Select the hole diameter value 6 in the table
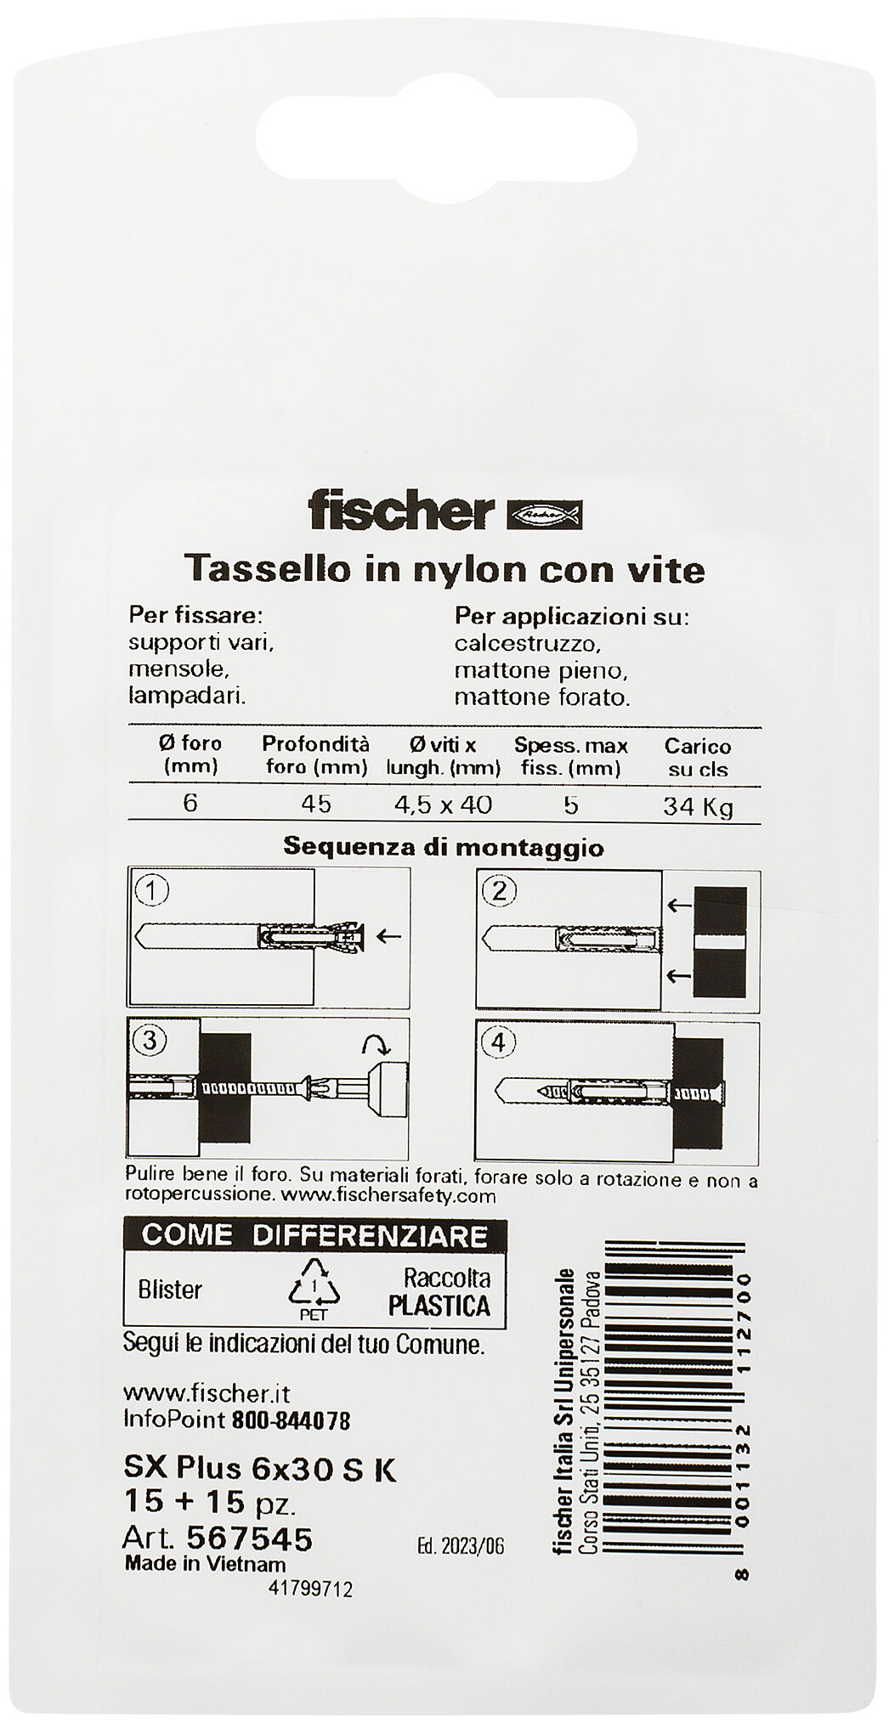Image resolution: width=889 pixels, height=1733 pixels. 190,803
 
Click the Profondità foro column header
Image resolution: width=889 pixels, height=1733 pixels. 315,755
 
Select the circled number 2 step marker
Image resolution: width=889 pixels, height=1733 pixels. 499,891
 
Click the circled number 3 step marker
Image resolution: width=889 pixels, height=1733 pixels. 150,1041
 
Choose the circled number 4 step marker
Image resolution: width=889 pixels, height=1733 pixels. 499,1041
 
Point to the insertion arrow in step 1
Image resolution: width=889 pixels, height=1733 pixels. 388,937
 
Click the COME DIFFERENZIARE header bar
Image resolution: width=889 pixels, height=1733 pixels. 314,1234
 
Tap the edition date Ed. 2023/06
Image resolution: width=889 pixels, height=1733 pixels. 461,1546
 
